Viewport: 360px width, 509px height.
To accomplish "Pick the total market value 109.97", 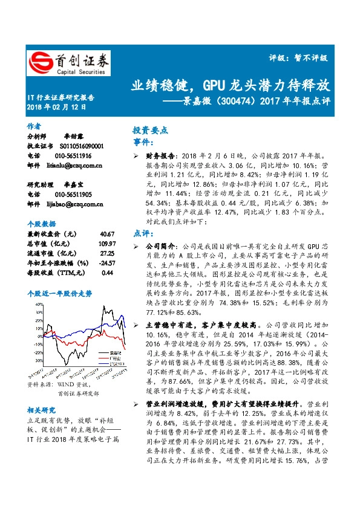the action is (x=105, y=244).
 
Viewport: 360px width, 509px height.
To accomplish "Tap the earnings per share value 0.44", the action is (x=107, y=273).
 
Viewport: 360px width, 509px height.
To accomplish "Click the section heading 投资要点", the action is (x=150, y=130).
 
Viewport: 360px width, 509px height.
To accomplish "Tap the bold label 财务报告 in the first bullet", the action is (x=159, y=155).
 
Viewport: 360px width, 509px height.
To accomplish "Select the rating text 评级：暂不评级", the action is (x=298, y=58).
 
